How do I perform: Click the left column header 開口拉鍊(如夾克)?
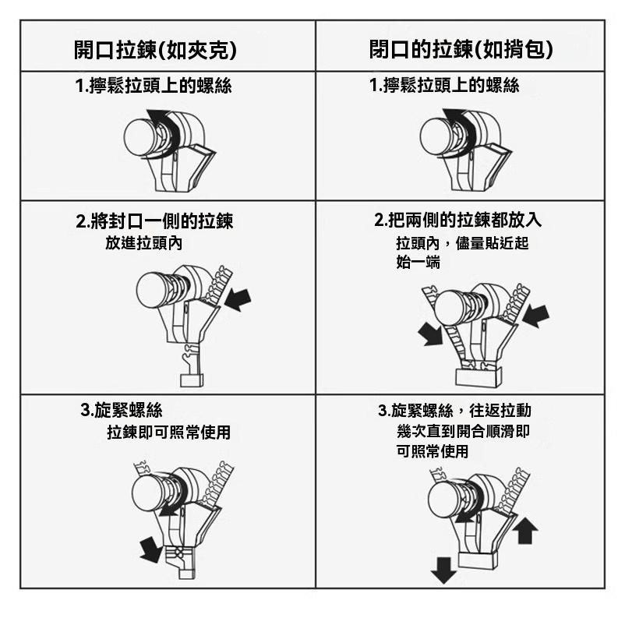coord(166,50)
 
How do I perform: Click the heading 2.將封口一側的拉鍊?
coord(154,221)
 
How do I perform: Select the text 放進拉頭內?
coord(143,243)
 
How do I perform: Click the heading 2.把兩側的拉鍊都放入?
coord(458,221)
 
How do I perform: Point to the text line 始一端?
coord(418,263)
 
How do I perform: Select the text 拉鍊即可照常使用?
coord(168,432)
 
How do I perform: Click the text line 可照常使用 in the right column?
coord(433,451)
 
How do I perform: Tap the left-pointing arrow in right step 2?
coord(535,316)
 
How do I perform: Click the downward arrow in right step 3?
coord(443,571)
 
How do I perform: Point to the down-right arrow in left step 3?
coord(150,549)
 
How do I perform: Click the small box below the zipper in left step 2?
coord(191,380)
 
